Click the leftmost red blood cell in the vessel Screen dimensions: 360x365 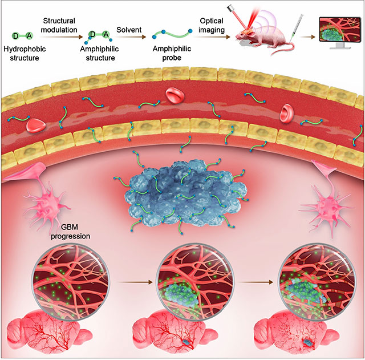pyautogui.click(x=35, y=124)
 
